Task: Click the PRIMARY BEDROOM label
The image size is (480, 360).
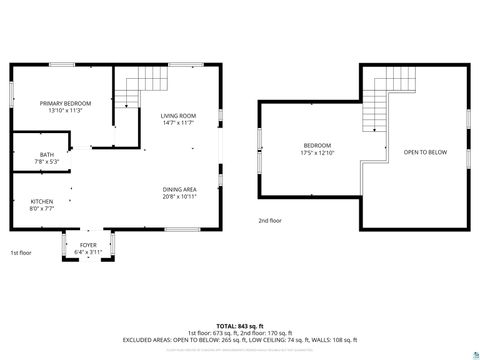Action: (x=65, y=103)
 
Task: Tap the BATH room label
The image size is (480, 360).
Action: (x=19, y=154)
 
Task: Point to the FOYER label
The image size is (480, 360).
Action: (x=88, y=244)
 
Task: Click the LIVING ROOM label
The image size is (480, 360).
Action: (x=178, y=116)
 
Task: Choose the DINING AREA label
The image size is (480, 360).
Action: (x=179, y=189)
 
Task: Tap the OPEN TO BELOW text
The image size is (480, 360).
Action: (x=425, y=152)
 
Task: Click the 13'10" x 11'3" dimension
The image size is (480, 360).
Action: (x=65, y=111)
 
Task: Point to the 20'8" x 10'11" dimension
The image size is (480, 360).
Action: (x=179, y=197)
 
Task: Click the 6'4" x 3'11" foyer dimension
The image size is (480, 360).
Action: (x=88, y=251)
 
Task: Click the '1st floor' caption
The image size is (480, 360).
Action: (x=21, y=253)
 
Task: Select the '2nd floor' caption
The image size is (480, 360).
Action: (x=270, y=220)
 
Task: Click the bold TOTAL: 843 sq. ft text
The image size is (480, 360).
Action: (x=239, y=326)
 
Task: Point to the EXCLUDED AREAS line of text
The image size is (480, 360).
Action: (x=239, y=340)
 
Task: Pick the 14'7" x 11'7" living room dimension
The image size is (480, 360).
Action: (x=178, y=124)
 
